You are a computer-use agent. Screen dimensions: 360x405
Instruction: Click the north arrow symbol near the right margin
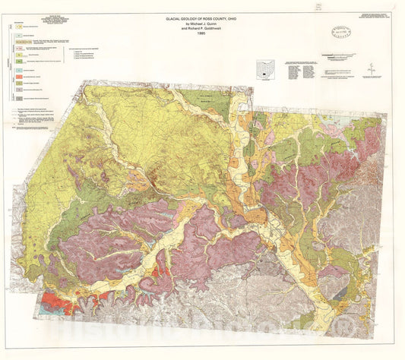click(370, 68)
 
